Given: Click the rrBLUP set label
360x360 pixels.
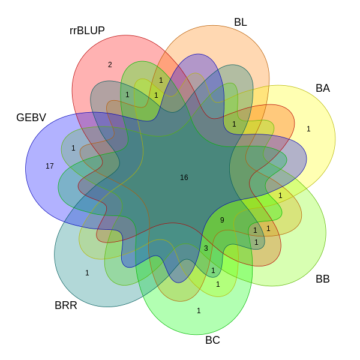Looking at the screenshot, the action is (87, 31).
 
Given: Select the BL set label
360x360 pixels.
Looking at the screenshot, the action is (241, 22).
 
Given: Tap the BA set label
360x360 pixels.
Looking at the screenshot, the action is (323, 88).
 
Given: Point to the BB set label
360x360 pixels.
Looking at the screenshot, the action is (323, 279).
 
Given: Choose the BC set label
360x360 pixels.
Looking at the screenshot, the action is (212, 340).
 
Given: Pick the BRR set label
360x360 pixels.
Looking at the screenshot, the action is (66, 305).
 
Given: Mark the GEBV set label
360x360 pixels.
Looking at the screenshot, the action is (31, 118).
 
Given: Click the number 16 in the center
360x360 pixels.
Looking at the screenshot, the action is (184, 178).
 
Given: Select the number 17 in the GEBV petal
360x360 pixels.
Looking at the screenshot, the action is (50, 166).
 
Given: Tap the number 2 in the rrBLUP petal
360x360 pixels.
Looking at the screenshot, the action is (110, 65).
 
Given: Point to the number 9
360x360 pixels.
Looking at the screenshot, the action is (222, 220).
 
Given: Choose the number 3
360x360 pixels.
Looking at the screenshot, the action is (206, 248).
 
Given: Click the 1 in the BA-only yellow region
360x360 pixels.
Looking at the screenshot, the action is (308, 129).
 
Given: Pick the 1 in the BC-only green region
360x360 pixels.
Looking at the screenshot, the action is (199, 311).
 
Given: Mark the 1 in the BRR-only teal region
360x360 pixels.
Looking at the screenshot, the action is (87, 273).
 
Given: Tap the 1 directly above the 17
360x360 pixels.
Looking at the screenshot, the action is (73, 148).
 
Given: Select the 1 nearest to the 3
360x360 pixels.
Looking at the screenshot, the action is (213, 271).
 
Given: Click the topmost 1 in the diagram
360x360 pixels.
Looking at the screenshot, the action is (161, 80).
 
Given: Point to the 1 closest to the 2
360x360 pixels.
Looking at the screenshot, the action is (127, 95).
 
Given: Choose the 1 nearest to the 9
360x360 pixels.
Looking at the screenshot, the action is (255, 230).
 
